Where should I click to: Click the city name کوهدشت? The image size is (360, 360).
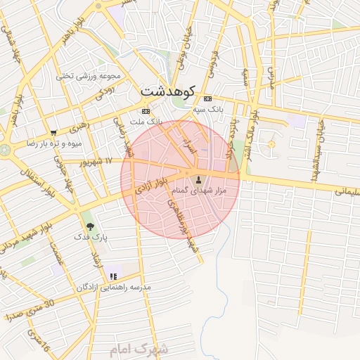point(169,91)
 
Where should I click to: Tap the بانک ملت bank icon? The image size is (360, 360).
point(146,112)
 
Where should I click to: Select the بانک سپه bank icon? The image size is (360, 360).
point(207,99)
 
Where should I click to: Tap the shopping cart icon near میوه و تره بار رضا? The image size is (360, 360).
point(53,132)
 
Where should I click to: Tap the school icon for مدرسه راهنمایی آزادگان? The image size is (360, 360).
point(113,276)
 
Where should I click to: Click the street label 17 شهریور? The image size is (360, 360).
point(96,162)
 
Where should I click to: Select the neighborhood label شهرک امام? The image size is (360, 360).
point(140,349)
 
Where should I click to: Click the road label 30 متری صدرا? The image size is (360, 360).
point(29,310)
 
